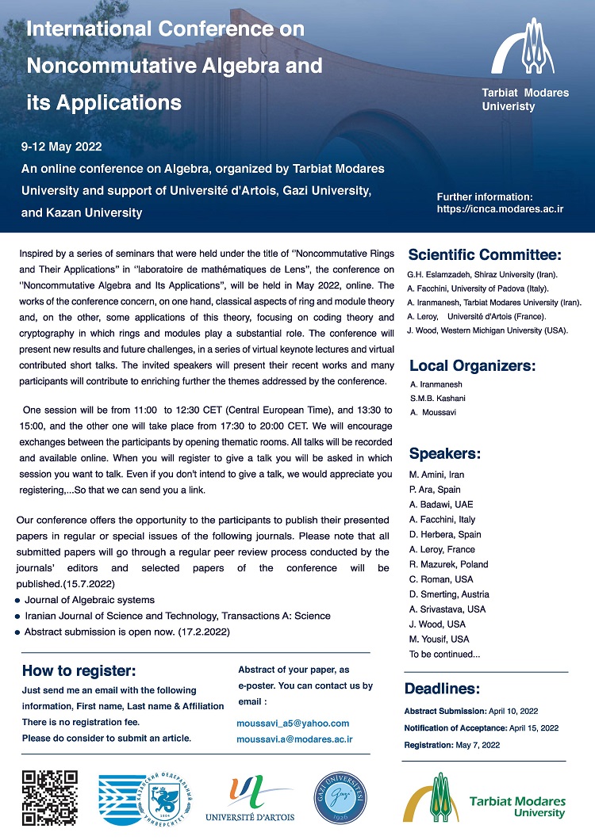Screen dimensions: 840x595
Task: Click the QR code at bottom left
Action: (x=49, y=798)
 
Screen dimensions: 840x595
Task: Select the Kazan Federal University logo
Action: (x=148, y=797)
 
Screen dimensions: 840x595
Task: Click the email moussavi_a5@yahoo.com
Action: (x=293, y=724)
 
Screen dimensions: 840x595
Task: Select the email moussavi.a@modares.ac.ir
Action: (x=294, y=739)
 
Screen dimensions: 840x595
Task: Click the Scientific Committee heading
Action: (x=485, y=255)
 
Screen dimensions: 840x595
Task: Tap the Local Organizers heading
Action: (x=472, y=366)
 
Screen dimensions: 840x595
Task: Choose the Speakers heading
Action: (x=445, y=454)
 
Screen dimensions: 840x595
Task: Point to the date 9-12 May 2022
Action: (x=62, y=147)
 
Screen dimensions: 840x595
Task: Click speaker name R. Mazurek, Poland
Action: (x=448, y=564)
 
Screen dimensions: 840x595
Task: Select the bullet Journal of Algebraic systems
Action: (x=90, y=600)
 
